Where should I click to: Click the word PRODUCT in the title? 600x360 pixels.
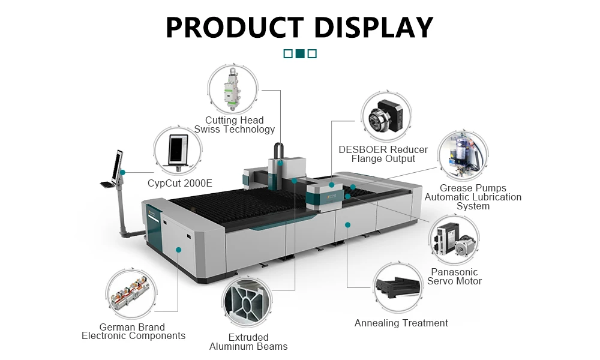click(x=235, y=27)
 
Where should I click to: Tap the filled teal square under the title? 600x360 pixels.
click(x=301, y=53)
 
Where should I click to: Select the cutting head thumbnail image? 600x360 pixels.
click(x=233, y=89)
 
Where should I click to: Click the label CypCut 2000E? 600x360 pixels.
click(x=180, y=183)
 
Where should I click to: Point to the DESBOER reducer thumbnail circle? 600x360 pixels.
click(x=386, y=116)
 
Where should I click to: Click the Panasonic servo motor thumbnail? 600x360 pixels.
click(x=454, y=239)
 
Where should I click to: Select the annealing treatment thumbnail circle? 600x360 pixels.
click(x=398, y=288)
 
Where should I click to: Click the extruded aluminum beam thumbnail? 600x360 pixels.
click(x=247, y=302)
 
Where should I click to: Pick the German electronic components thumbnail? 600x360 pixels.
click(x=131, y=293)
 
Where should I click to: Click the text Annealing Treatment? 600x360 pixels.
click(x=401, y=323)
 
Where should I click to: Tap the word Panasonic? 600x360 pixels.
click(x=454, y=272)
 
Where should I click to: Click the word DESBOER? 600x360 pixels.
click(x=362, y=149)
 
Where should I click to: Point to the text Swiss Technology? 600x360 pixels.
click(x=234, y=130)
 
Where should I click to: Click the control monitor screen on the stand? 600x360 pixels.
click(x=117, y=166)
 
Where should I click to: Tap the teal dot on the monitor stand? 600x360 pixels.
click(x=123, y=173)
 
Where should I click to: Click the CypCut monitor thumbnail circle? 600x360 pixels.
click(x=178, y=151)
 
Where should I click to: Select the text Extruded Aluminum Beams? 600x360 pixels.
click(x=248, y=342)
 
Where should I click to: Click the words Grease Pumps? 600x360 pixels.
click(x=473, y=188)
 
